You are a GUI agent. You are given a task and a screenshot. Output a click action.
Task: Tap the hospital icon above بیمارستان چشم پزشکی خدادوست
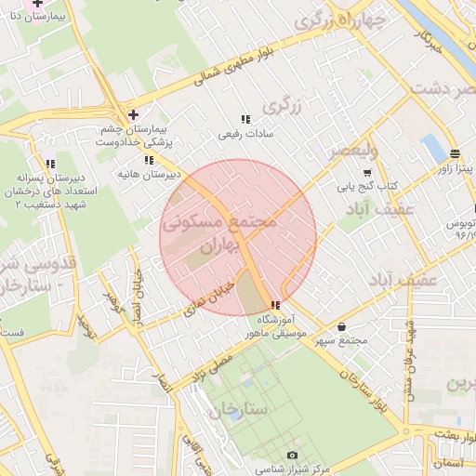(133, 114)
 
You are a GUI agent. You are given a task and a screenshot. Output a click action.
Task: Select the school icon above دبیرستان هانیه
(149, 160)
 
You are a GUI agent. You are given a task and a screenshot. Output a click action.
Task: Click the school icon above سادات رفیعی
(245, 119)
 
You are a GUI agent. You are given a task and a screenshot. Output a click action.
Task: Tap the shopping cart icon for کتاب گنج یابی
(367, 172)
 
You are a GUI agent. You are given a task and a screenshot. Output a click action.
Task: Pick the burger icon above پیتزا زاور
(454, 154)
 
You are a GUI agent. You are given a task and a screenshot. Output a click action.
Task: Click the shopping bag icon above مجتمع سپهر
(346, 327)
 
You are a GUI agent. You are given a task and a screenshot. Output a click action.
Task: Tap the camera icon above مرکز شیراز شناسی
(292, 455)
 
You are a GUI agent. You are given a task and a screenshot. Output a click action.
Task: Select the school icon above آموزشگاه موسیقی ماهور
(274, 305)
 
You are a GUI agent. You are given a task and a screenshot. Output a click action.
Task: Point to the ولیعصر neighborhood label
(372, 150)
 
